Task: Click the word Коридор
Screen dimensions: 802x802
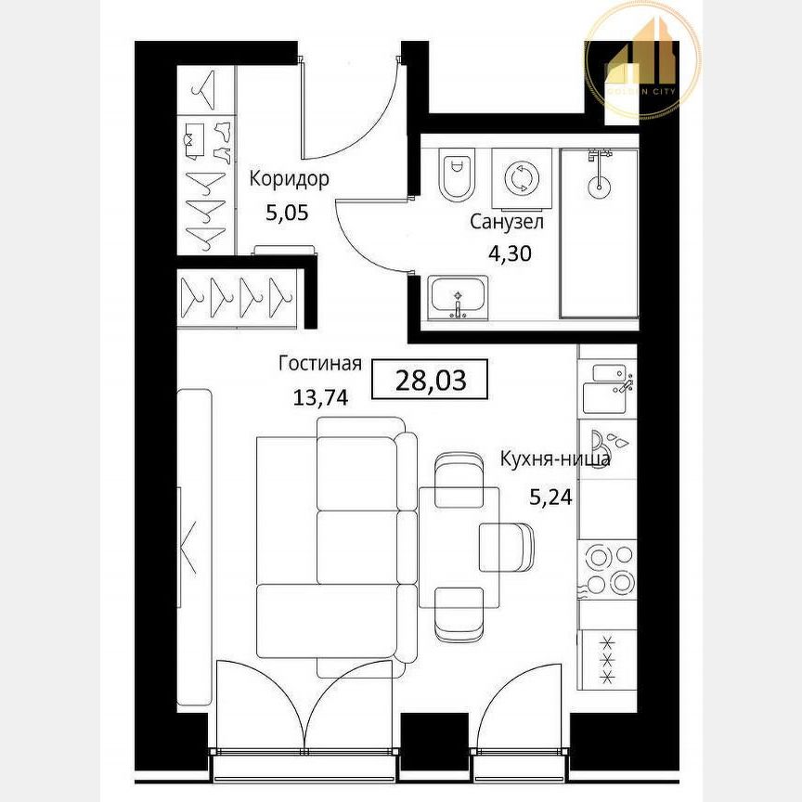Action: pos(290,179)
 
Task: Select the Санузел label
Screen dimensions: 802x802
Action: pos(506,222)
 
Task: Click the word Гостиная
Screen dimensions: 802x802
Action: pos(320,364)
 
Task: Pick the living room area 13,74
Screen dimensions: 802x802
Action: pos(320,398)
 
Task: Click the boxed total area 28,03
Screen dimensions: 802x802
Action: pos(430,380)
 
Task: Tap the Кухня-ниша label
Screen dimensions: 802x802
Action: pos(555,459)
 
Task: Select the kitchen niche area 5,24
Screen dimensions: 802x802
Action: pos(550,496)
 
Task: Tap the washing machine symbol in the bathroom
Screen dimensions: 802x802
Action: pos(519,176)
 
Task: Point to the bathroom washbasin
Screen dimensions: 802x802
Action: pos(459,298)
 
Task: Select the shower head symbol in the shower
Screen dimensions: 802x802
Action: pos(600,172)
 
